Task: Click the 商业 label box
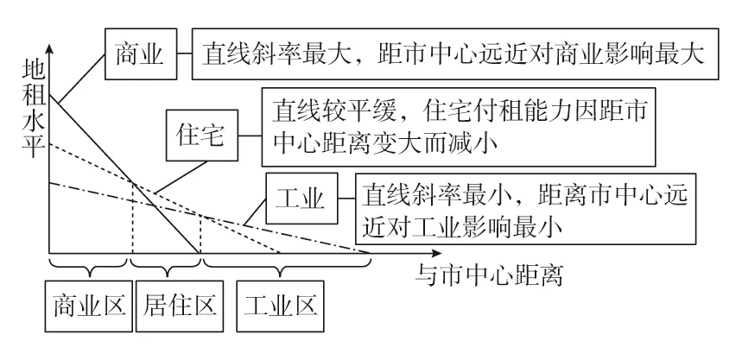pos(141,54)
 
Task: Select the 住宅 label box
pos(202,136)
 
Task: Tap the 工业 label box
pos(302,199)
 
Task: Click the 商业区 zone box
pos(89,306)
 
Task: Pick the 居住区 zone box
pos(180,306)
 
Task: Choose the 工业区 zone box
pos(281,306)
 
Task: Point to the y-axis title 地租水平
pos(34,110)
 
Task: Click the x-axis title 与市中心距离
pos(489,275)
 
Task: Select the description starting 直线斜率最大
pos(455,54)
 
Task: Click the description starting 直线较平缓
pos(459,127)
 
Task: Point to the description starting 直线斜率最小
pos(526,209)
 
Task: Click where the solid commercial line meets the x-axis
pos(200,254)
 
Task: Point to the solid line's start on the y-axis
pos(49,95)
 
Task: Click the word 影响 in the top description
pos(631,54)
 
